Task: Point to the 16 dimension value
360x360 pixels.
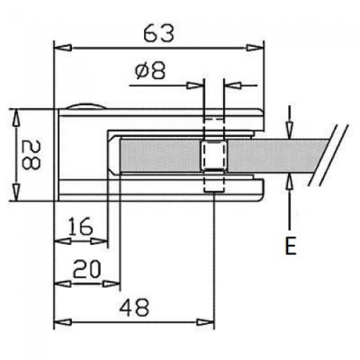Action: [81, 227]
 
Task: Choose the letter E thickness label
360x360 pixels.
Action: [290, 246]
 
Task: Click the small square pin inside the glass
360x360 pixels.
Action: [213, 157]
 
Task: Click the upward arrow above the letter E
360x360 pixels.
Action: [290, 182]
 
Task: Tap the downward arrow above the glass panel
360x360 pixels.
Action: [290, 127]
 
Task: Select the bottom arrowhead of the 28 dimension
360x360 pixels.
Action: [17, 193]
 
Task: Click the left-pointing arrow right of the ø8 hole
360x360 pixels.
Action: [233, 86]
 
